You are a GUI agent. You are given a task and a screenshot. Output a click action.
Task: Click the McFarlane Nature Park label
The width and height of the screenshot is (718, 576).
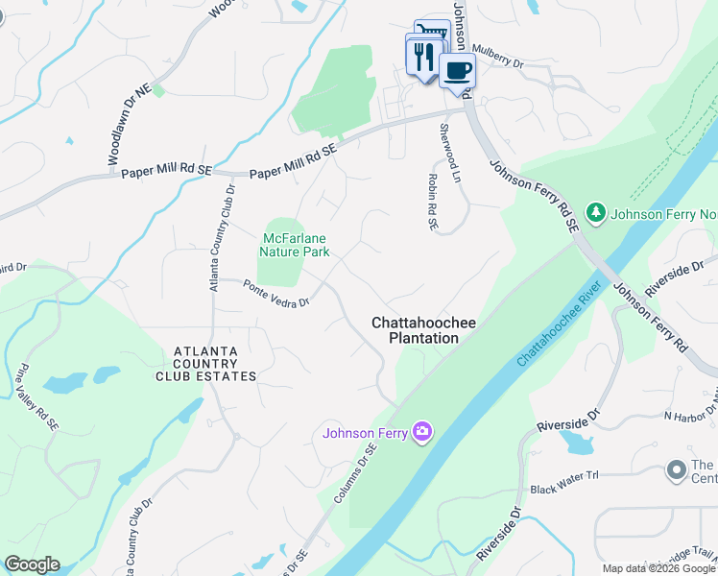(x=296, y=245)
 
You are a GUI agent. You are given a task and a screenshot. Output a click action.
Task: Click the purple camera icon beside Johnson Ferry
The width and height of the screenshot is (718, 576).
(x=421, y=433)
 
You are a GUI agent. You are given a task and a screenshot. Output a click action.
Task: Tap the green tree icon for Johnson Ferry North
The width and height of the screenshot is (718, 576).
(x=596, y=210)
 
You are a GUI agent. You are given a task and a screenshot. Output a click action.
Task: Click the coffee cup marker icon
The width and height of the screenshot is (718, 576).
(x=457, y=70)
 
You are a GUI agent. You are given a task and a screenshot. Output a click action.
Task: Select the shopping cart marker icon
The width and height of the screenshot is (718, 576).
(x=433, y=33)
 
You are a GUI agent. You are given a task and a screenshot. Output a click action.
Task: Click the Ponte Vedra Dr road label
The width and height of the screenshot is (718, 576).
(x=275, y=294)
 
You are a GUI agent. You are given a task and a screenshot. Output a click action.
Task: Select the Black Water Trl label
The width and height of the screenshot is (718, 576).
(x=563, y=489)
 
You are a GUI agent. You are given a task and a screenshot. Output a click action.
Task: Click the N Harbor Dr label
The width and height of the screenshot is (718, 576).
(x=689, y=414)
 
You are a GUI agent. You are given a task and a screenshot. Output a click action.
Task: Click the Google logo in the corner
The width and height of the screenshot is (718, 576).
(x=32, y=564)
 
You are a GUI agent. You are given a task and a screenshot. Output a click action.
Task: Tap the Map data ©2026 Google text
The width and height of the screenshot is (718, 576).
(x=658, y=568)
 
